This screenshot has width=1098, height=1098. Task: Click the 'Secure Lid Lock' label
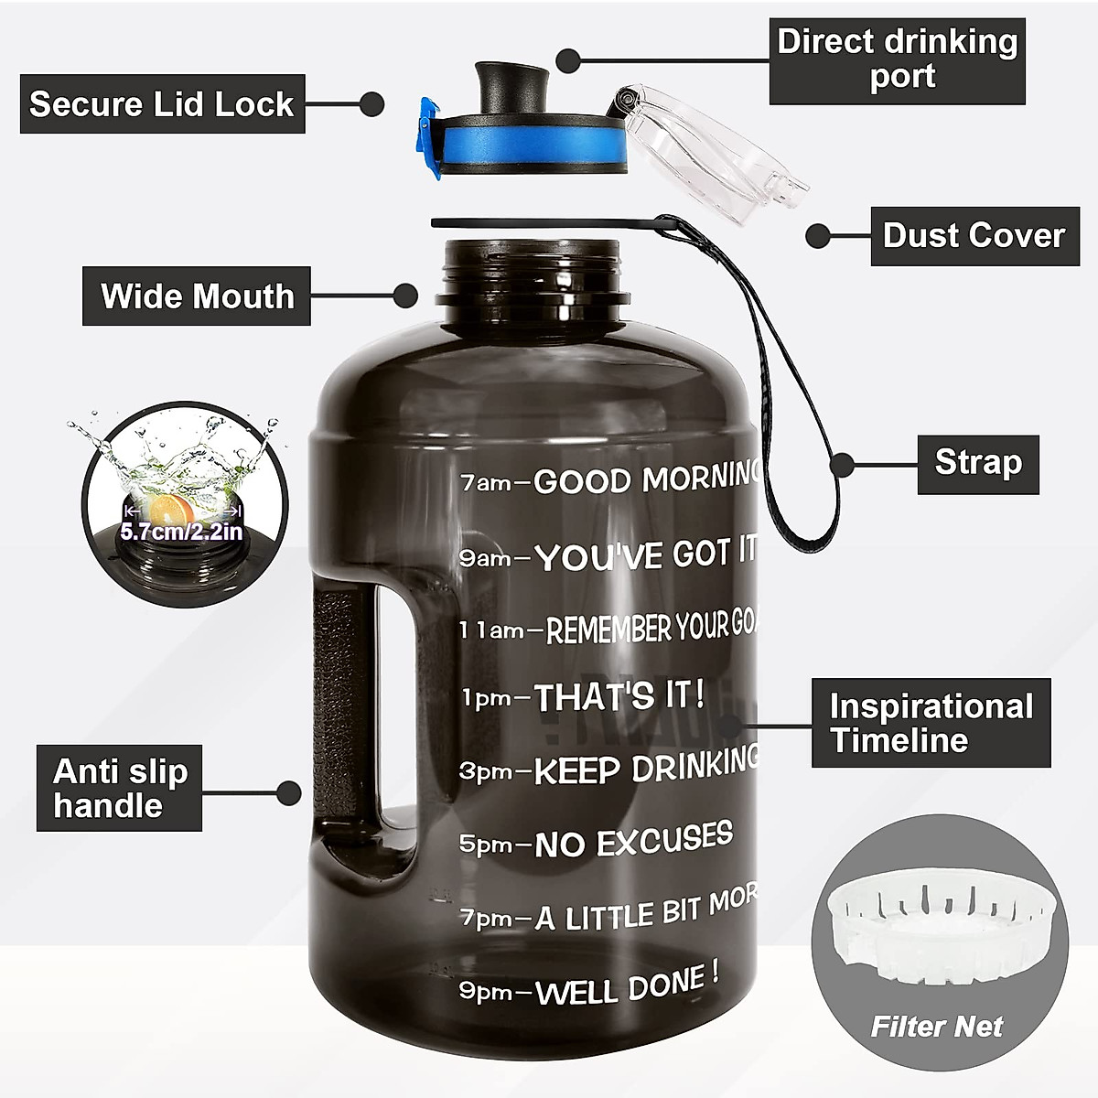click(162, 104)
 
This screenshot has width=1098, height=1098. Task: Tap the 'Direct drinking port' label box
click(897, 59)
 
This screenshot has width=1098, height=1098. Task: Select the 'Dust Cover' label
click(974, 235)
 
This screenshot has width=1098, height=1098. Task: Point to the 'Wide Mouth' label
click(197, 296)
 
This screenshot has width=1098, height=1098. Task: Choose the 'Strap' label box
click(977, 463)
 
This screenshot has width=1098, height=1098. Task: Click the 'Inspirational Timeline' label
click(931, 722)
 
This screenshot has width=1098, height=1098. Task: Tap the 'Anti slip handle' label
click(119, 788)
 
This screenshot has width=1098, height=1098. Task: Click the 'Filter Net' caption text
click(937, 1027)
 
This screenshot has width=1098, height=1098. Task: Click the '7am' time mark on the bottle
click(485, 482)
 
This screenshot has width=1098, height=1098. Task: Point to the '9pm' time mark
click(485, 992)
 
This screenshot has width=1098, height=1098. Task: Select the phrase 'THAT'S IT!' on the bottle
click(619, 697)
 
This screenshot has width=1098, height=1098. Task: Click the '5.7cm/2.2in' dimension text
click(182, 532)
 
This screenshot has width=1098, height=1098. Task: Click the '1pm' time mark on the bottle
click(486, 699)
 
